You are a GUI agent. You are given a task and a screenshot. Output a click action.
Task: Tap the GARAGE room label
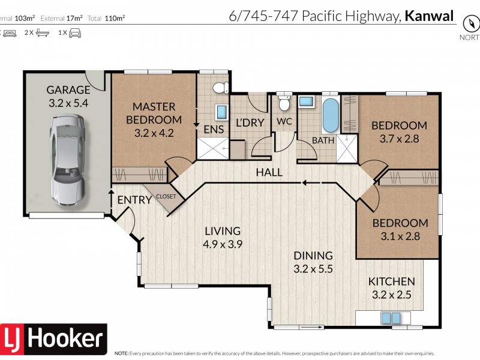(x=68, y=90)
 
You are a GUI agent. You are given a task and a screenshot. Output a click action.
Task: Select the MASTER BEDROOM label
(x=154, y=113)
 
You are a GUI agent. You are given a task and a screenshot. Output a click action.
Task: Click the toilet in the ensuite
(x=220, y=87)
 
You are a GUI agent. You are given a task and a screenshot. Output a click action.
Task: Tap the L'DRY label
(x=246, y=123)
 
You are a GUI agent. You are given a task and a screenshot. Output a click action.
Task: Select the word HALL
(x=269, y=173)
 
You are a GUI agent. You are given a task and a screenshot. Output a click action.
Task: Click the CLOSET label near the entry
(x=166, y=196)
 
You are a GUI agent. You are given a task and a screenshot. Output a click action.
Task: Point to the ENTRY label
(x=134, y=200)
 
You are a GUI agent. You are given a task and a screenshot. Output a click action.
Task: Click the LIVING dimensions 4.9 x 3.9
(x=222, y=244)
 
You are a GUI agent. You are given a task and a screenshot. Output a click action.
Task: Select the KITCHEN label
(x=391, y=281)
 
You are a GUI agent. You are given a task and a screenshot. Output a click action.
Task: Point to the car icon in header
(x=74, y=33)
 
